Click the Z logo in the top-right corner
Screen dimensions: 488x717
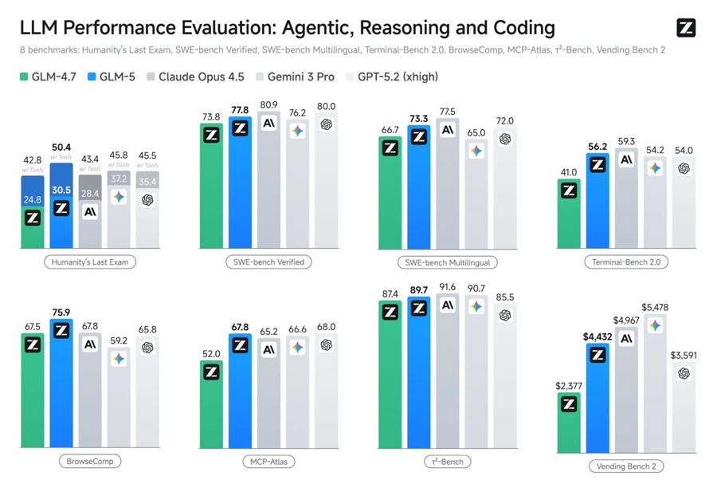coord(686,29)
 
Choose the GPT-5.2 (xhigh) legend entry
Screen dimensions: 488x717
coord(393,77)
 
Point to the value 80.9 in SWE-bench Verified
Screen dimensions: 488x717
coord(269,105)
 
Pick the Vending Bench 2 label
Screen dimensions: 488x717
coord(625,466)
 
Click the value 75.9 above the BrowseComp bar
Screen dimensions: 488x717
coord(61,312)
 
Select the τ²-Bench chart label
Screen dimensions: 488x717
coord(446,461)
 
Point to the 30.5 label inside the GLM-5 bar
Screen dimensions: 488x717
coord(61,190)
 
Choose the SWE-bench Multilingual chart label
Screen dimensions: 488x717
coord(447,262)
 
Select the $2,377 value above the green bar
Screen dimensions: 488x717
coord(569,387)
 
